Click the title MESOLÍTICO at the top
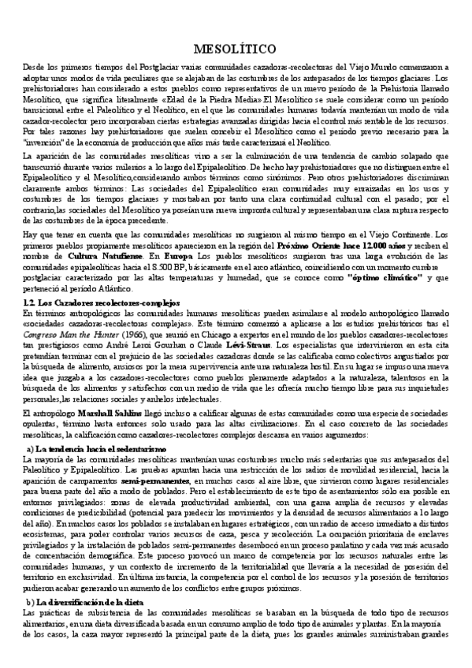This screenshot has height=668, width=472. tap(236, 48)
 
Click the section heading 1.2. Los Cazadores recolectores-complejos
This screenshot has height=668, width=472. tap(102, 302)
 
